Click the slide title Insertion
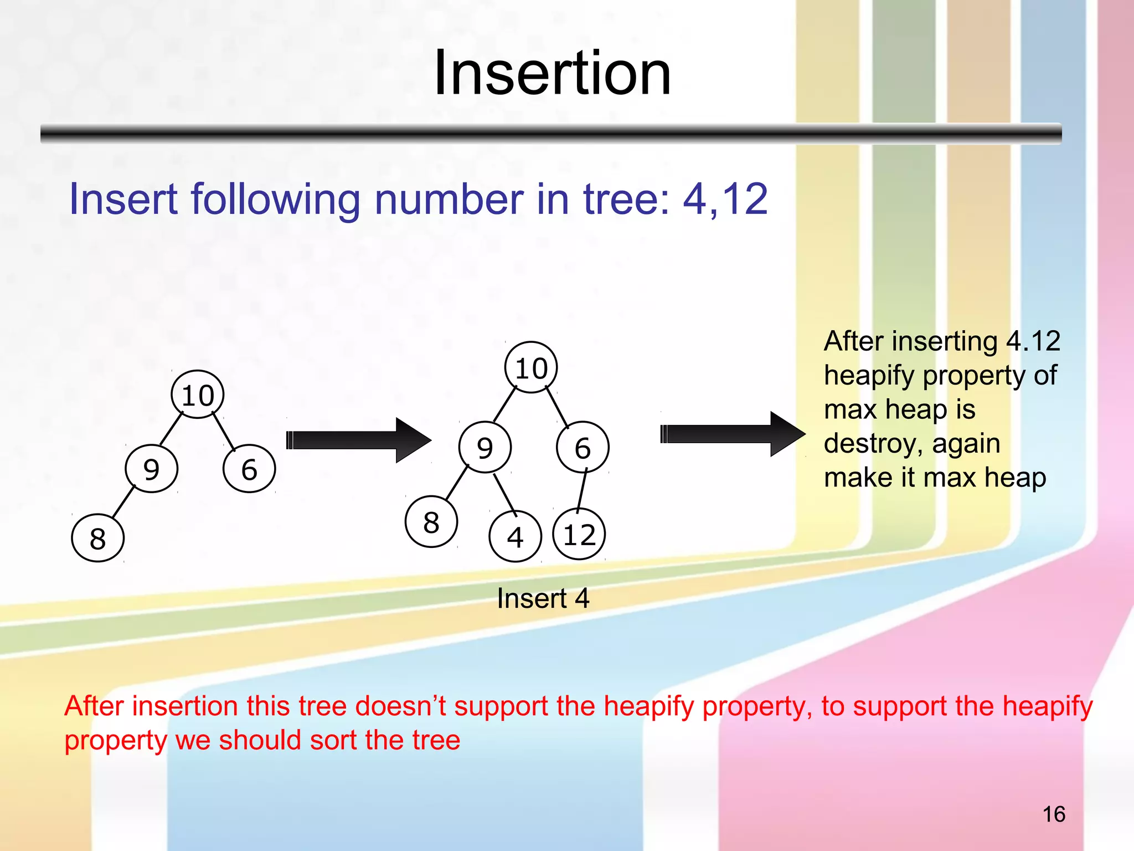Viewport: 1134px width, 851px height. (x=552, y=74)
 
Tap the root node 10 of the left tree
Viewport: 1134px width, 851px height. (x=198, y=395)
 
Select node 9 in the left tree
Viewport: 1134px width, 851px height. (x=151, y=469)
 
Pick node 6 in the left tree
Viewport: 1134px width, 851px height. (x=249, y=469)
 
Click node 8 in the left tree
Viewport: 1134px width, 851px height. (x=97, y=538)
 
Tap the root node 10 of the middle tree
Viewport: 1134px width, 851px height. (x=531, y=368)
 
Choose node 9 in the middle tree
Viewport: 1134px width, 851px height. (x=484, y=447)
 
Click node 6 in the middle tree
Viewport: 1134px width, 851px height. (x=583, y=447)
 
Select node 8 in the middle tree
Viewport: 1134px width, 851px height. (x=431, y=522)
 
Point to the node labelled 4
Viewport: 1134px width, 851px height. (x=515, y=536)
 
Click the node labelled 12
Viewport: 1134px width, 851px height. (x=579, y=534)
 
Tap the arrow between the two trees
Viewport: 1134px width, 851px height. (x=358, y=440)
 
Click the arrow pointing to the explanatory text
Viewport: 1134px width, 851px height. (x=732, y=434)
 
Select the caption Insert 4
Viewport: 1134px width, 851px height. (x=543, y=598)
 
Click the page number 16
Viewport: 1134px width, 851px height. (x=1054, y=814)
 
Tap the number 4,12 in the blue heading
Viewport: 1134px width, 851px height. (x=725, y=199)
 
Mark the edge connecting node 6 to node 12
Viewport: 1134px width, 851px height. (x=582, y=490)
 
